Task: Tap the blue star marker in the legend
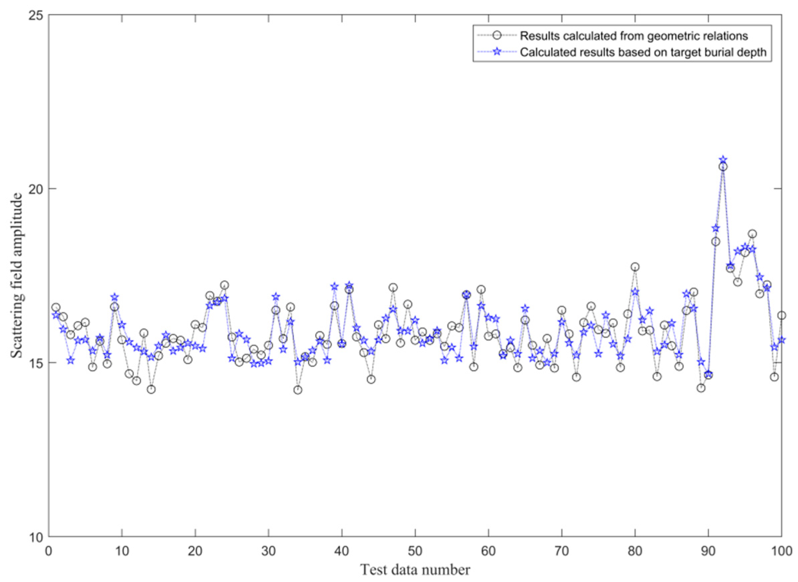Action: pyautogui.click(x=496, y=52)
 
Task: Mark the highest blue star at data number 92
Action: pyautogui.click(x=723, y=160)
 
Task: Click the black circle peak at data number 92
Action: pyautogui.click(x=723, y=167)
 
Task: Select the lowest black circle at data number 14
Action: pyautogui.click(x=151, y=389)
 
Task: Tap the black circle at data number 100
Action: pyautogui.click(x=781, y=316)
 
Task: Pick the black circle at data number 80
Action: pyautogui.click(x=635, y=267)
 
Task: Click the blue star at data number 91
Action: pyautogui.click(x=716, y=228)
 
